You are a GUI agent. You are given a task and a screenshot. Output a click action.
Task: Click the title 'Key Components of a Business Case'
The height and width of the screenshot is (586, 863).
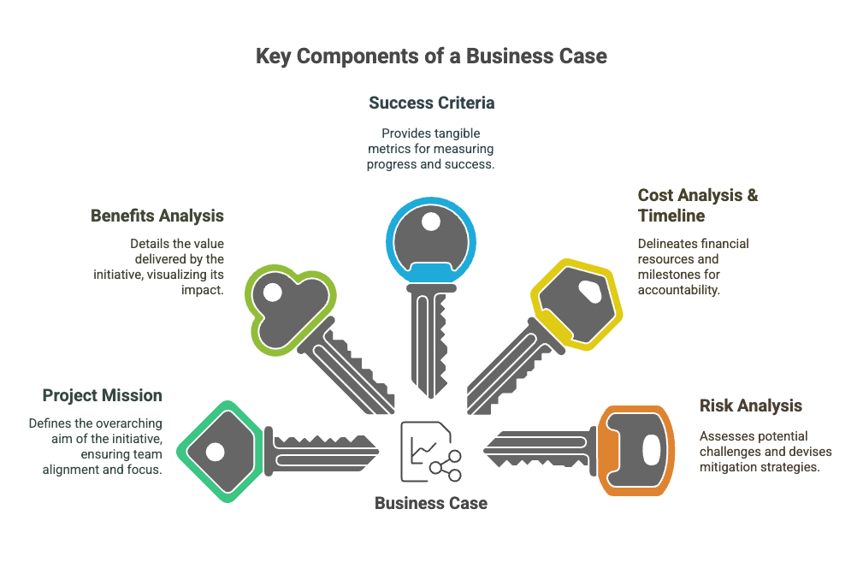tap(431, 56)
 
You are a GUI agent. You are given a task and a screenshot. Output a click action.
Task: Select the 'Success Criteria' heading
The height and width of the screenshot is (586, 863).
tap(431, 103)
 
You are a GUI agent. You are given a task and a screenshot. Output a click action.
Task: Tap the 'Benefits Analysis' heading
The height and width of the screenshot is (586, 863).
tap(157, 216)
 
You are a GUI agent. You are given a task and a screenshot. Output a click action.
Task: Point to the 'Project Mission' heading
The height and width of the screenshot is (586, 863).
tap(103, 395)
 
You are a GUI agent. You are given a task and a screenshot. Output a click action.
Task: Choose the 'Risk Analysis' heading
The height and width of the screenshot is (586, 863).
tap(751, 405)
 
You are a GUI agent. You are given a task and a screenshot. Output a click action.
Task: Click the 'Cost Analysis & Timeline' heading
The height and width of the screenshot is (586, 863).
tap(698, 205)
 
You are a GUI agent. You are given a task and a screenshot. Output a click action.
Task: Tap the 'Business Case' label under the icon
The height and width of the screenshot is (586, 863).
tap(431, 503)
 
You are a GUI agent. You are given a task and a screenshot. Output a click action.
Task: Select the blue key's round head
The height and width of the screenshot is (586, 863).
tap(431, 240)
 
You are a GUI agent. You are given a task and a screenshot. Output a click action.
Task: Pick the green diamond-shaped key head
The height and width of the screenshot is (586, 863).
tap(220, 452)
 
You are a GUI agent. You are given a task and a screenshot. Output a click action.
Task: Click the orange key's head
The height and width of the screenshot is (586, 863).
tap(636, 451)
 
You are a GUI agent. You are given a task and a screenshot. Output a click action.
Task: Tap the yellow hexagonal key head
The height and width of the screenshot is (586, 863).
tap(576, 304)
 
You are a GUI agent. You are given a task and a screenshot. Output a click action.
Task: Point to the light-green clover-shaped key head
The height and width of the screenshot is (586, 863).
tap(289, 310)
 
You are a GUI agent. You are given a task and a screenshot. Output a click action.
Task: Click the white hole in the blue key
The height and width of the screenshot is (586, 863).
tap(431, 222)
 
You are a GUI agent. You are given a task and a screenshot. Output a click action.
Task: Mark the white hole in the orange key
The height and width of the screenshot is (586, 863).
tap(651, 450)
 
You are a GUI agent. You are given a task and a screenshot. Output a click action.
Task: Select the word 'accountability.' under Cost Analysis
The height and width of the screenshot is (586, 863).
tap(678, 290)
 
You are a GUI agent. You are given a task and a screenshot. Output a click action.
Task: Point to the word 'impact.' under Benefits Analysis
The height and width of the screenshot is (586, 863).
tap(203, 290)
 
